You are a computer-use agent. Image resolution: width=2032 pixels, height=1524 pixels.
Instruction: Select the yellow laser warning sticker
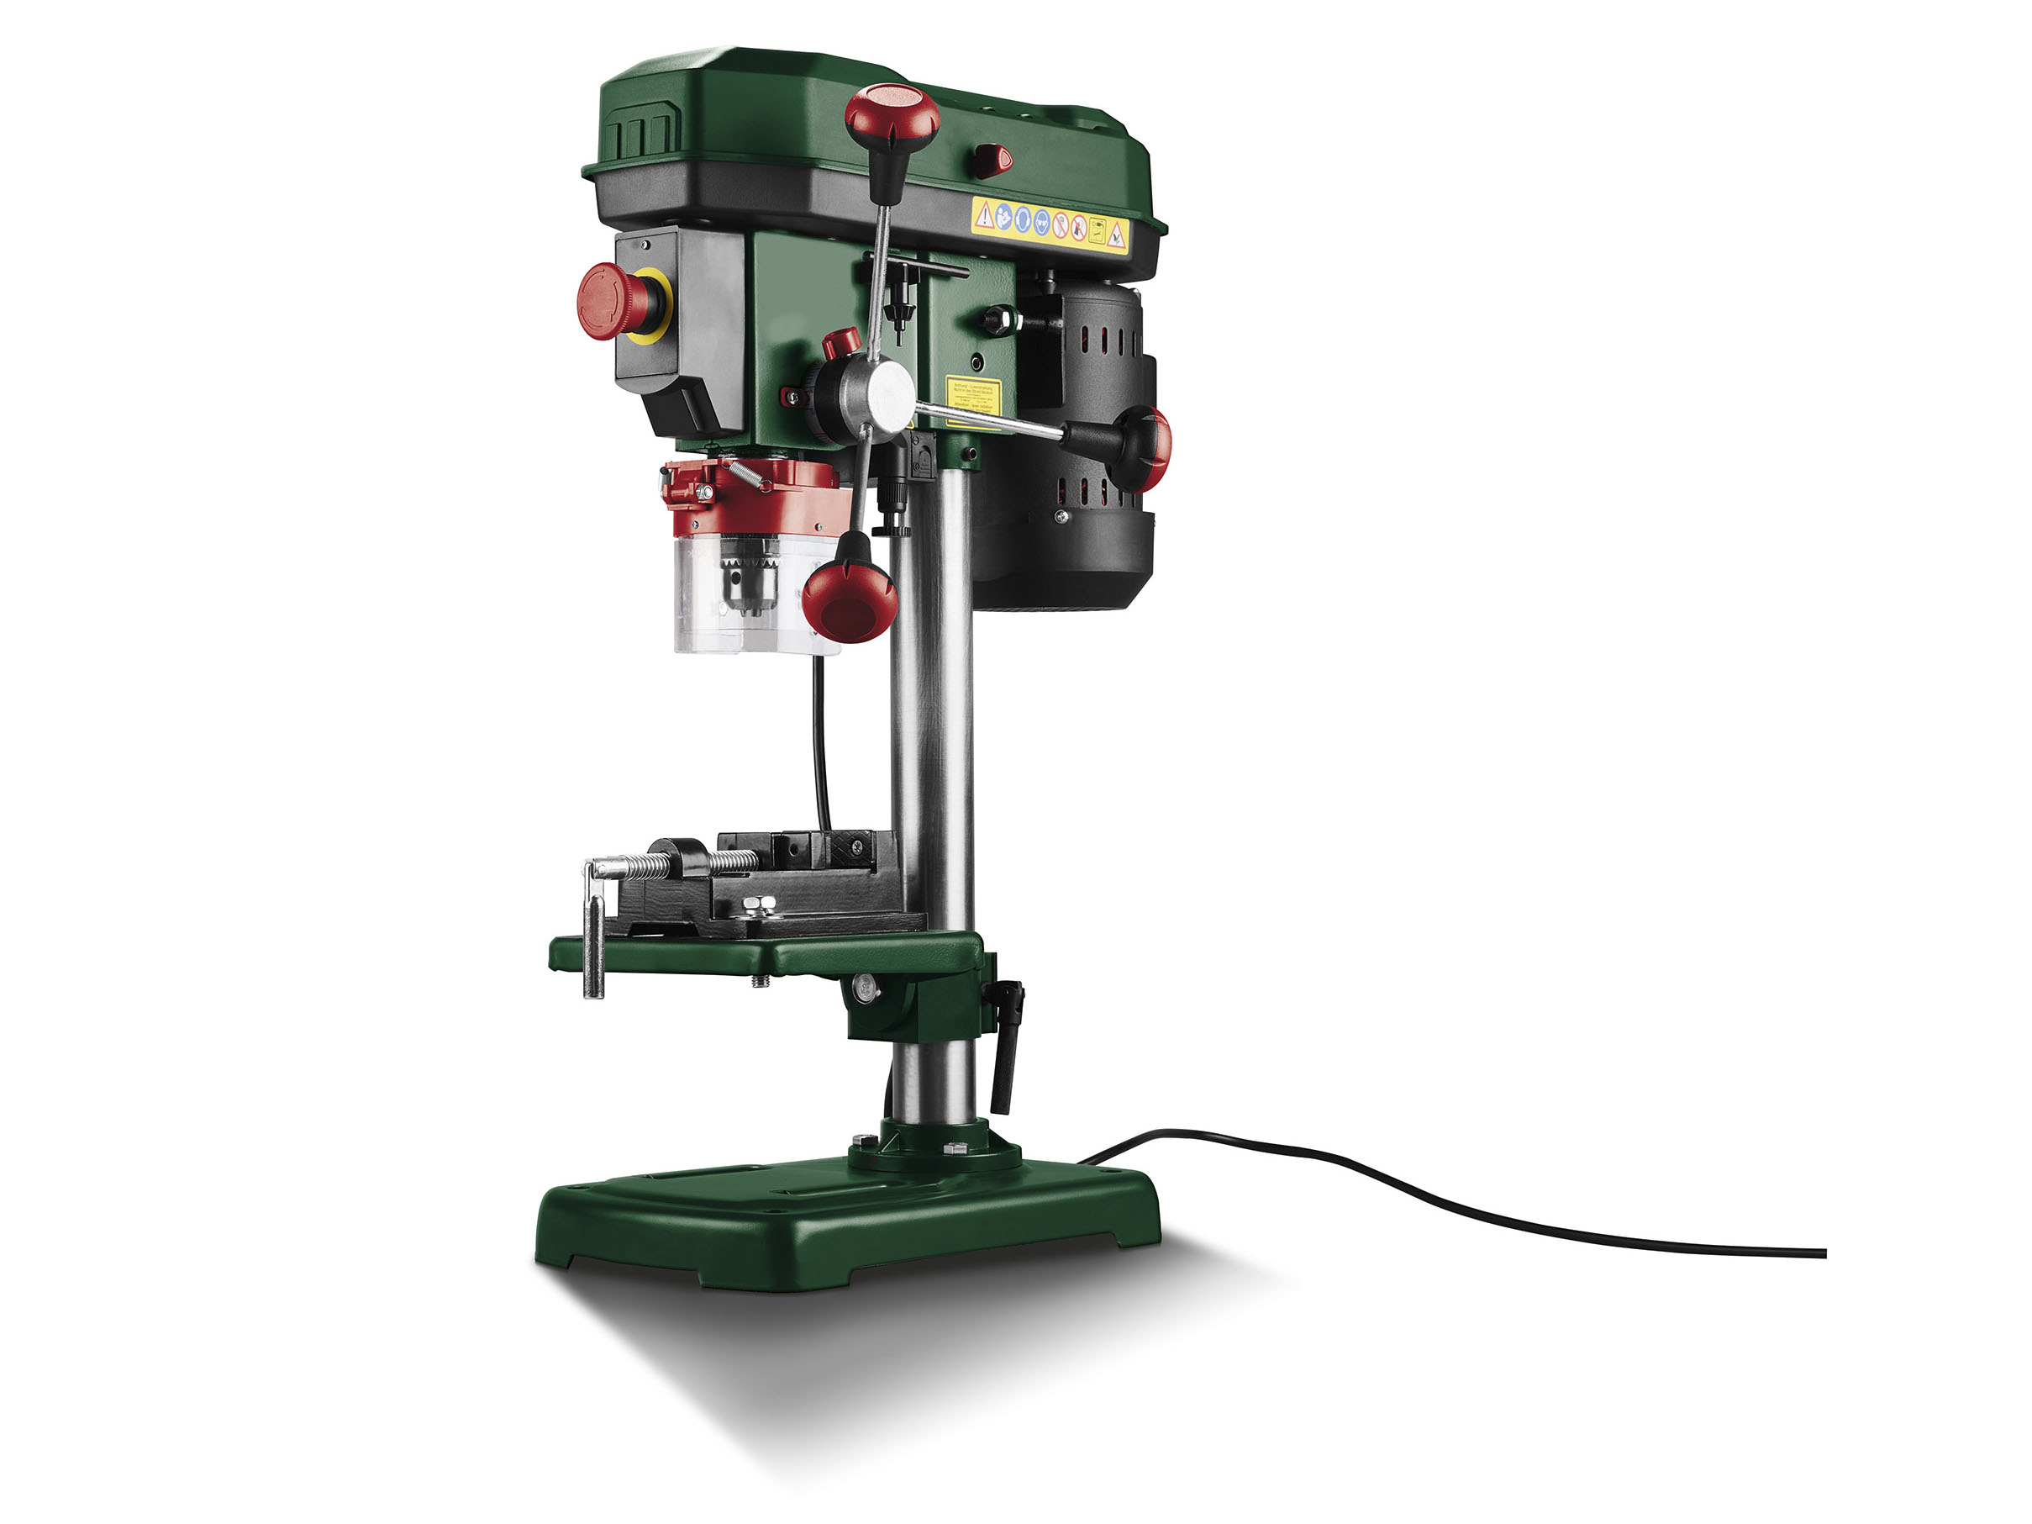point(972,400)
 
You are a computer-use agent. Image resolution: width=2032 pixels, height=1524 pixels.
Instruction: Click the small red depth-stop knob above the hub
point(840,343)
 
